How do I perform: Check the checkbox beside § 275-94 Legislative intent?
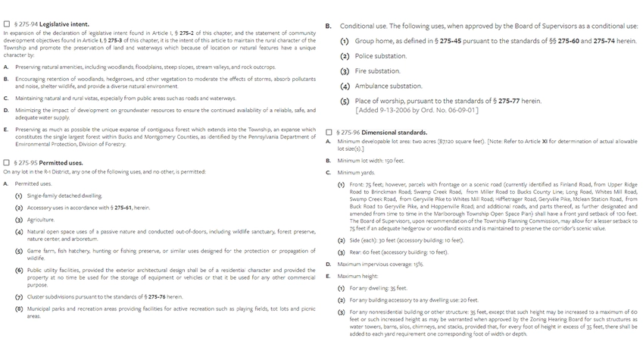pos(7,24)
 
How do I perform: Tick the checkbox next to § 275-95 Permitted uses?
pos(7,163)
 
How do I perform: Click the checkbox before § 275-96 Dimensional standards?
pos(329,133)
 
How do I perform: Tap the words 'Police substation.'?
pos(381,56)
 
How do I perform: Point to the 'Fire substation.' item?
pos(378,71)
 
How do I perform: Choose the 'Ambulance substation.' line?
pos(389,86)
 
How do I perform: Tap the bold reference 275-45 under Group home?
pos(446,41)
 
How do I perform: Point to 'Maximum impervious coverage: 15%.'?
pos(380,264)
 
